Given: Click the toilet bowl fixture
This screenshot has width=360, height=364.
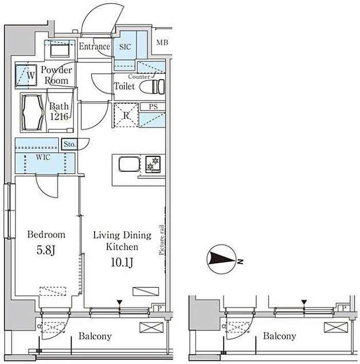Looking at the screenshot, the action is (152, 86).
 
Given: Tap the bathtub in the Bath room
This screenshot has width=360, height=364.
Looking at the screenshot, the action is (32, 113).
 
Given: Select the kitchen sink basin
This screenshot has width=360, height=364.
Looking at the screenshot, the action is (130, 164).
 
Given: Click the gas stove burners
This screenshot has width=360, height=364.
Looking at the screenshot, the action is (153, 164).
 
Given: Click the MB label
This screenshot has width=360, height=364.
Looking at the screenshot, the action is (162, 43).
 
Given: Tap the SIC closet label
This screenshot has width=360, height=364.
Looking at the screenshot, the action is (125, 47).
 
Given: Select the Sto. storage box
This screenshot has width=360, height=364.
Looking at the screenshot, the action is (69, 144).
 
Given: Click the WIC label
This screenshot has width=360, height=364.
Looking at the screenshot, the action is (43, 157).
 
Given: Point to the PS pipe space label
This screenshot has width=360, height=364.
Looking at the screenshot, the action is (153, 106).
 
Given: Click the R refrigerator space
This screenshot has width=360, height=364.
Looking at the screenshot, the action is (126, 115).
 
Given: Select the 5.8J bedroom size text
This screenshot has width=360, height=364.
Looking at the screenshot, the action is (46, 250).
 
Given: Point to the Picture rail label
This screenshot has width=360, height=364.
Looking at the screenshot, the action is (162, 240).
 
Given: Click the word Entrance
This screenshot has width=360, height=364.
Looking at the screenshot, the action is (95, 46).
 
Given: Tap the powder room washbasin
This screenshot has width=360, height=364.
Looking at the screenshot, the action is (60, 50).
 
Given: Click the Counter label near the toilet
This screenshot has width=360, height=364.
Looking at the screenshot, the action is (139, 77).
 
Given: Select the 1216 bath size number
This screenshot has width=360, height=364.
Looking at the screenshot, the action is (59, 117).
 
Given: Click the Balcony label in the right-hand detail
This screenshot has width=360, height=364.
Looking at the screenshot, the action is (279, 336).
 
